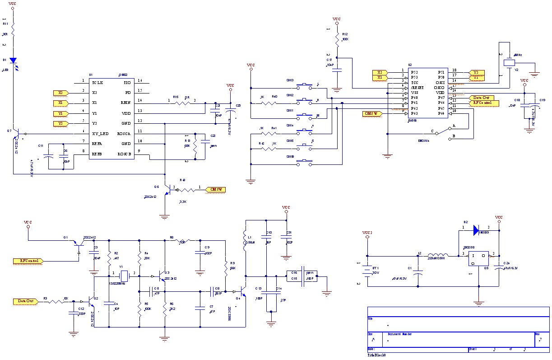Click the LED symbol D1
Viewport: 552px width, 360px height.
(x=13, y=61)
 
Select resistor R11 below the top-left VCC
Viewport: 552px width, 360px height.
(x=13, y=32)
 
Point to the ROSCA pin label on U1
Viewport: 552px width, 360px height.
(x=124, y=134)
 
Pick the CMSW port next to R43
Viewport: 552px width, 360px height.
(x=215, y=189)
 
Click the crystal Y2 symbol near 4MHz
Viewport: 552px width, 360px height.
(x=509, y=63)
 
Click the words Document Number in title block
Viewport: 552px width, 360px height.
(x=399, y=334)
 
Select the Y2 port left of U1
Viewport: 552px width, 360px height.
(x=60, y=123)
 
